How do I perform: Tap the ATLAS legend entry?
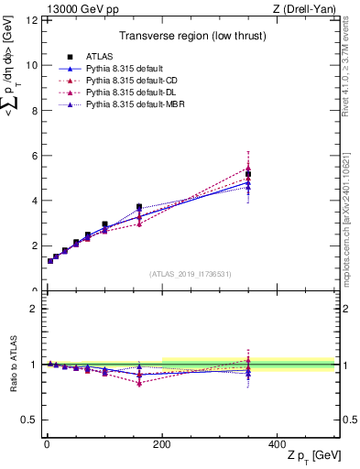click(100, 57)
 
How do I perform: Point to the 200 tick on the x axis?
click(162, 444)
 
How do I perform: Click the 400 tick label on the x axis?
click(278, 444)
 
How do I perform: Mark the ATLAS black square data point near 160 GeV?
click(139, 207)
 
